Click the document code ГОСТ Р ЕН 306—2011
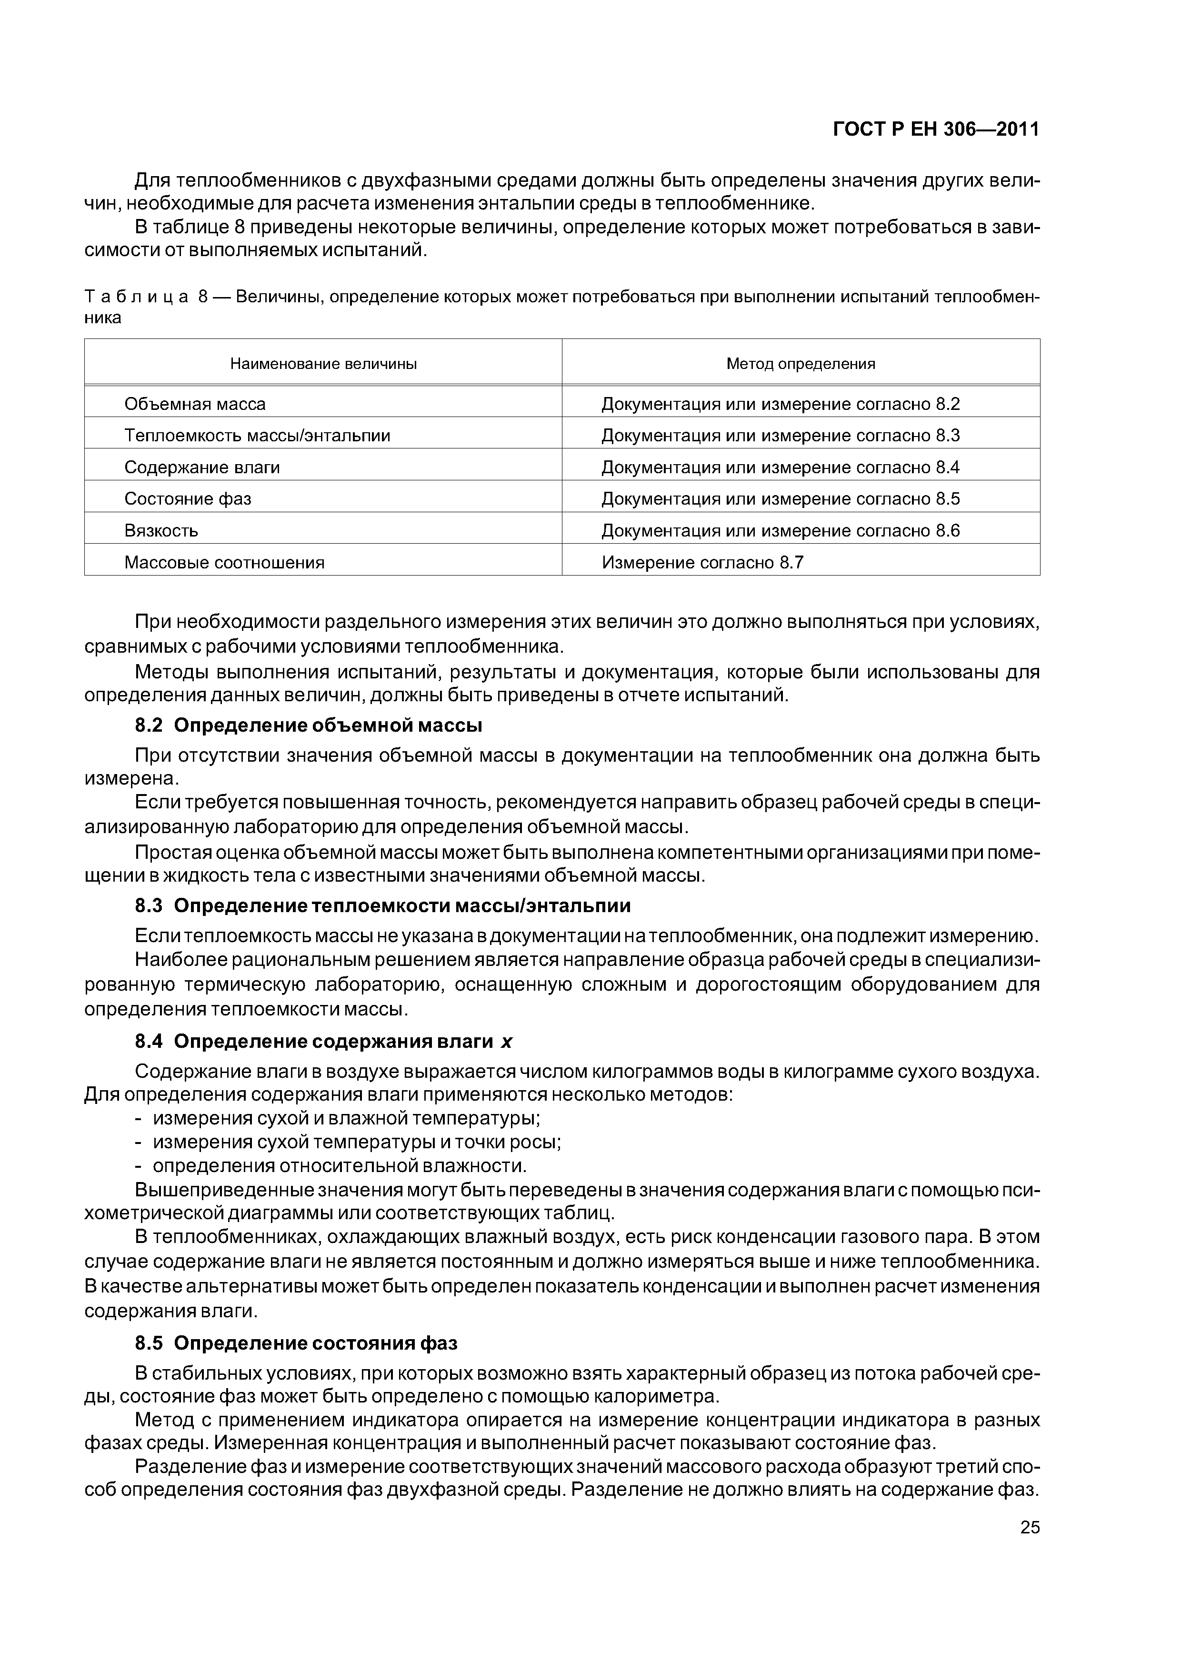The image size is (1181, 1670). tap(935, 129)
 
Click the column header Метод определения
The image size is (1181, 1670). tap(801, 364)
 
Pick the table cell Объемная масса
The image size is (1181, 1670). tap(195, 404)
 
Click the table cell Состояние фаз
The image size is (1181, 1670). tap(188, 499)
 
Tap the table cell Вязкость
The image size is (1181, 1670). tap(161, 530)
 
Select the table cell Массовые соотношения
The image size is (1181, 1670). tap(224, 562)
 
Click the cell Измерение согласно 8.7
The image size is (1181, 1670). tap(702, 562)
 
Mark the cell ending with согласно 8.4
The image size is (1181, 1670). tap(780, 467)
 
